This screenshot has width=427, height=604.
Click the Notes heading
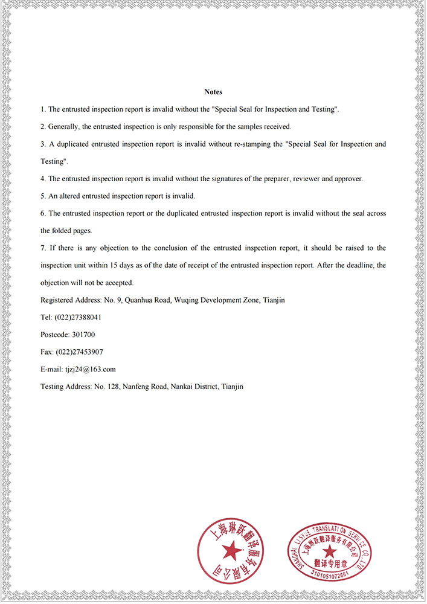pos(213,92)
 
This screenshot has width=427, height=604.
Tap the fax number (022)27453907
pos(79,352)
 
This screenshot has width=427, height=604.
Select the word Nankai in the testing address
pos(182,387)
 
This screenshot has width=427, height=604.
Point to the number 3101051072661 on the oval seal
pos(330,574)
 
